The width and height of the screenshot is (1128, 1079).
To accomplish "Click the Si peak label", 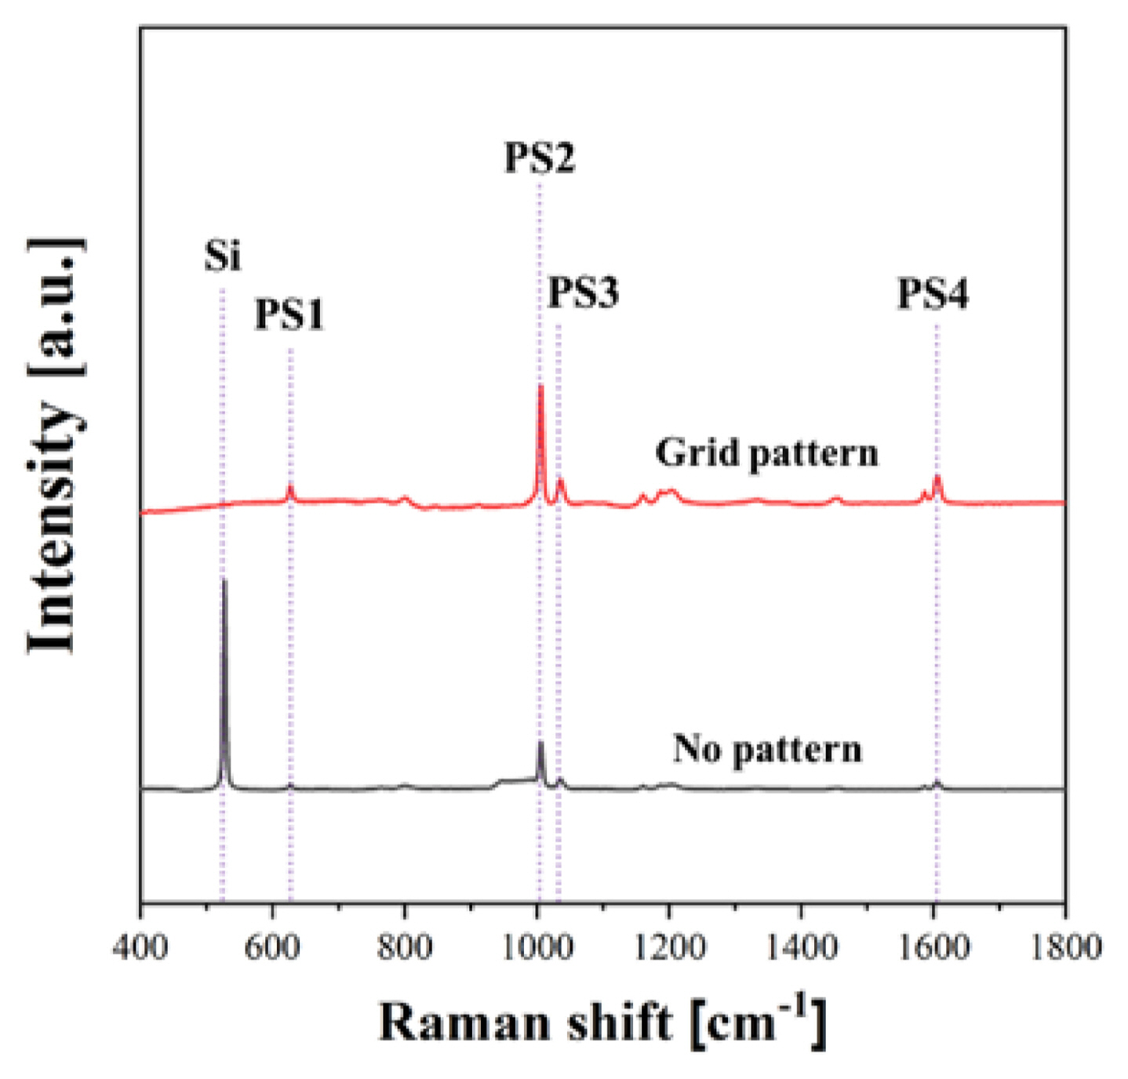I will [x=223, y=256].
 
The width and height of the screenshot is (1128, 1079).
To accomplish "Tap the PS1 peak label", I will [x=289, y=315].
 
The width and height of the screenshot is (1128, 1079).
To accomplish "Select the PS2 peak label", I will [x=540, y=157].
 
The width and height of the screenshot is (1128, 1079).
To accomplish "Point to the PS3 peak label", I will [x=583, y=293].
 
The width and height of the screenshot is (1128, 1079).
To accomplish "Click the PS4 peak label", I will [x=933, y=294].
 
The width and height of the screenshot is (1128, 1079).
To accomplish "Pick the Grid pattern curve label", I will [x=766, y=453].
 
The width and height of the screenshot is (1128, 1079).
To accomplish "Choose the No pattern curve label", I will [x=767, y=749].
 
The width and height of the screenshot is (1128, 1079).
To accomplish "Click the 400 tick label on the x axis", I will [x=140, y=946].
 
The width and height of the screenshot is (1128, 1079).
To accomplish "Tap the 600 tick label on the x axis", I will [x=272, y=946].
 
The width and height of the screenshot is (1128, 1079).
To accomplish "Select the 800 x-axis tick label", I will [x=404, y=946].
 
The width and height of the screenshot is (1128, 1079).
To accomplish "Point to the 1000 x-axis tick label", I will [x=537, y=946].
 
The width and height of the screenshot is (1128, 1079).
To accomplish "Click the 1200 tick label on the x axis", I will [x=669, y=946].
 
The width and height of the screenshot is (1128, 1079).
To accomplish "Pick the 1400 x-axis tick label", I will [x=801, y=946].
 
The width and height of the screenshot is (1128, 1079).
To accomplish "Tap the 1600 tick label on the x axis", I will [x=933, y=946].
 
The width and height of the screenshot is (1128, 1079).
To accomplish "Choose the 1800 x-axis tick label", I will [x=1064, y=946].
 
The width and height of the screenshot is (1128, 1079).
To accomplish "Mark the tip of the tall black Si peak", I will [x=224, y=580].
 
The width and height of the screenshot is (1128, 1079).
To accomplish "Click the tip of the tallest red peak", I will [x=540, y=387].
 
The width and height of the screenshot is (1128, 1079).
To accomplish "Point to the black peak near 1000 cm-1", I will [x=540, y=743].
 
